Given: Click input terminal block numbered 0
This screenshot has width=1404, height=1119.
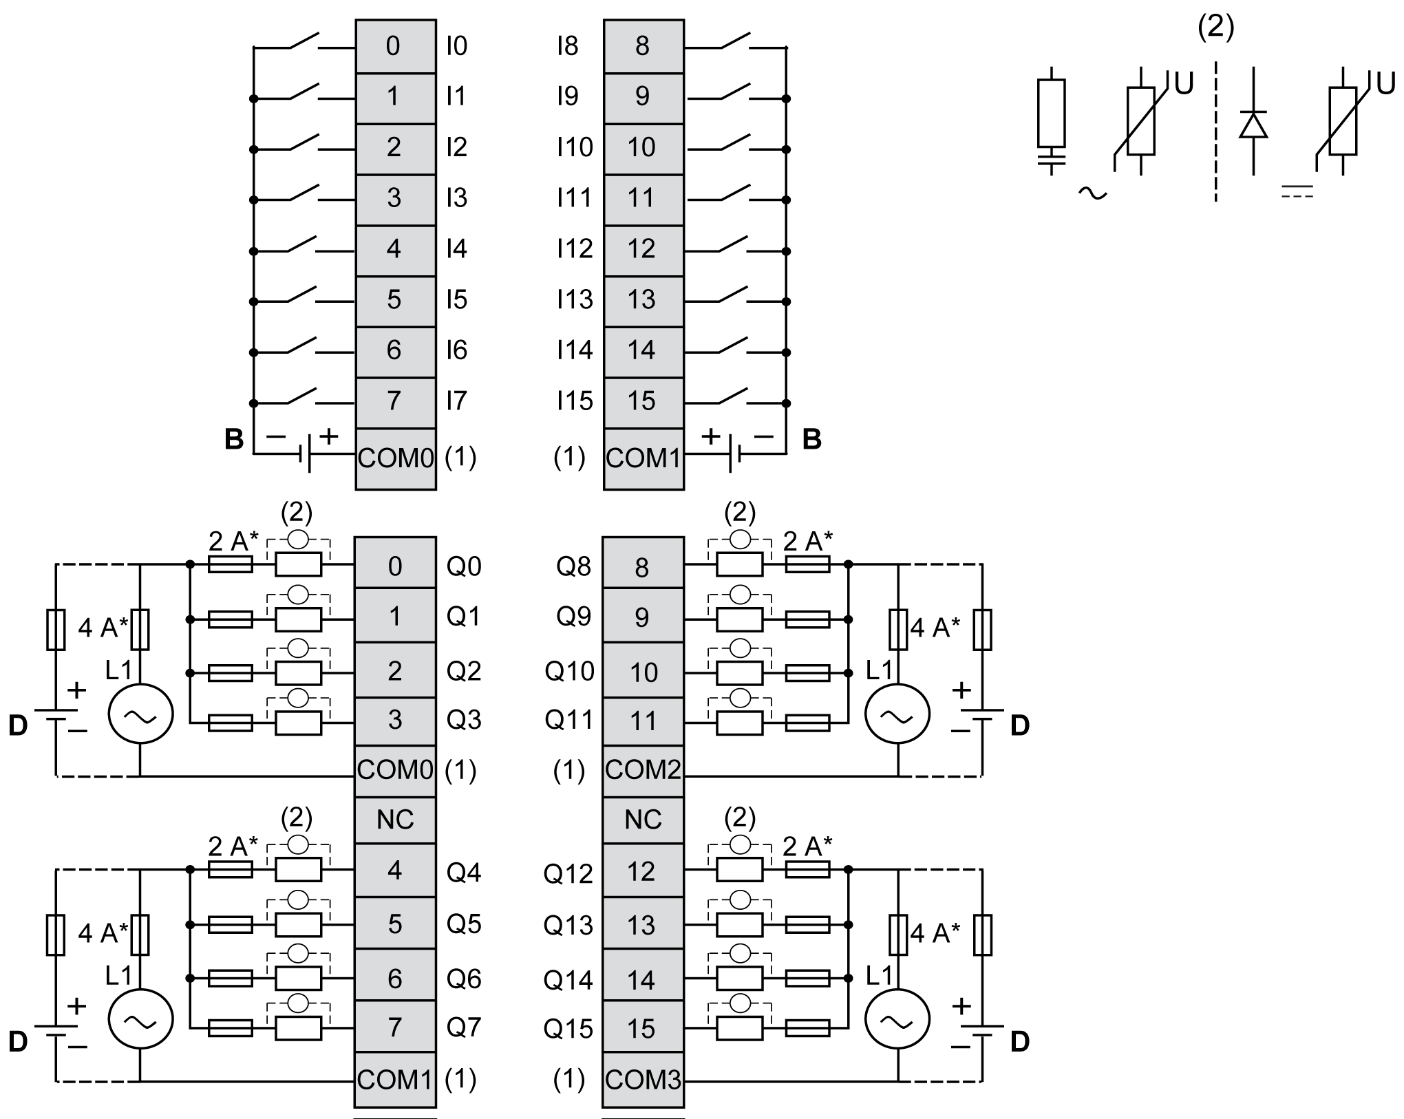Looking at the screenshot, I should pos(395,46).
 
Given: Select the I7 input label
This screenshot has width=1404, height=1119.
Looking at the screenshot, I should pos(456,401).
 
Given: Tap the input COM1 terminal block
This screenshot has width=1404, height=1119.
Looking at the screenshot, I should pos(643,458).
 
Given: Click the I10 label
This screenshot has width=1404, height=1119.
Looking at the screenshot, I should pos(574,147).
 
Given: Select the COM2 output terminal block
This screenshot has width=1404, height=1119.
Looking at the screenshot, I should pos(643,769).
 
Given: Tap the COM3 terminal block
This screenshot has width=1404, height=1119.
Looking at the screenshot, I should pos(643,1079).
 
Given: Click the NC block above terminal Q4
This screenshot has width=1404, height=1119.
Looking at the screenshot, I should pos(395,820).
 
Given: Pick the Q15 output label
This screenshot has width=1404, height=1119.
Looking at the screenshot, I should pos(568,1029).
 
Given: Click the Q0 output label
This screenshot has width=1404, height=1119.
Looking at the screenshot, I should pos(464,566).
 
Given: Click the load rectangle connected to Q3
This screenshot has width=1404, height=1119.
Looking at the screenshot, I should pos(298,723).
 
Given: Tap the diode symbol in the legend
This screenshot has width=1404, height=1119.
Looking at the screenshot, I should pos(1253,125).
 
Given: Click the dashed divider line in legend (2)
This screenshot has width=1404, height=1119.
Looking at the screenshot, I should pos(1215,131).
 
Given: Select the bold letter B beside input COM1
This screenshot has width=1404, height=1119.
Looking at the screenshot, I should pos(812,439).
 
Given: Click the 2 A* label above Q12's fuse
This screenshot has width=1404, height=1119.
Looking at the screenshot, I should pos(807,846).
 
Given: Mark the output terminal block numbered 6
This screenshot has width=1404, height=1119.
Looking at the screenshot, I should pos(395,979).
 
